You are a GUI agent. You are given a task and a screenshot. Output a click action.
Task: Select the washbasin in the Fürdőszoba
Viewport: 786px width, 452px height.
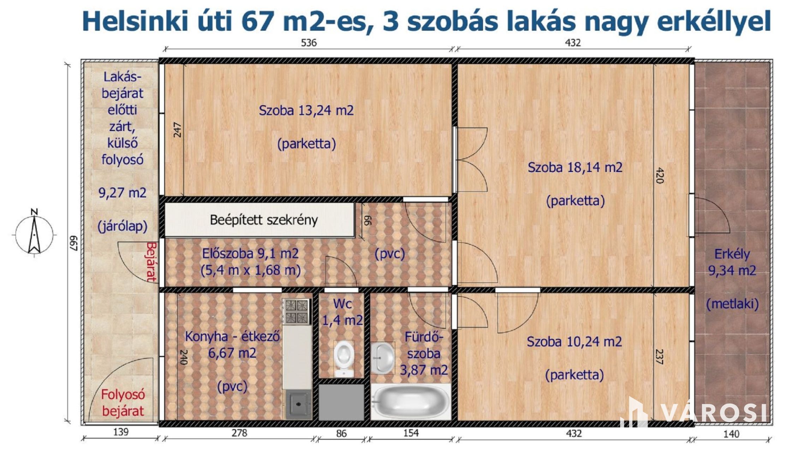pyautogui.click(x=383, y=358)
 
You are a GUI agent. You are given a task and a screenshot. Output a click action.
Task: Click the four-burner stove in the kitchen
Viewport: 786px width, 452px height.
pyautogui.click(x=297, y=311)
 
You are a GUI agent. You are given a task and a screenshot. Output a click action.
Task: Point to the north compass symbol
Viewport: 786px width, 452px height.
pyautogui.click(x=34, y=233)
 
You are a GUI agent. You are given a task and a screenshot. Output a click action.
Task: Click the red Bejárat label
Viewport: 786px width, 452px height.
pyautogui.click(x=151, y=262)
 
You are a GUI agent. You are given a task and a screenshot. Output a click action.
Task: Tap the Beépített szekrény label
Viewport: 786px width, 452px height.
pyautogui.click(x=264, y=220)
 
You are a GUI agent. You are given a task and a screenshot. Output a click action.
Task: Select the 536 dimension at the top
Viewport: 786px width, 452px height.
pyautogui.click(x=309, y=43)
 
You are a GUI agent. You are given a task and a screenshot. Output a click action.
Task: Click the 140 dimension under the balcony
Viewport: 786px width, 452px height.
pyautogui.click(x=731, y=434)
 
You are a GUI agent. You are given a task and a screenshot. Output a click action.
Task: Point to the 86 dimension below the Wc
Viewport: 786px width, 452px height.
pyautogui.click(x=341, y=434)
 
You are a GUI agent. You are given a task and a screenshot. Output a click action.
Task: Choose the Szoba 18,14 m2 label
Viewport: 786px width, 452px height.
pyautogui.click(x=575, y=167)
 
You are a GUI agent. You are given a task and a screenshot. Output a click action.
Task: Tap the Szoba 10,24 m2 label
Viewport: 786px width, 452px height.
pyautogui.click(x=574, y=342)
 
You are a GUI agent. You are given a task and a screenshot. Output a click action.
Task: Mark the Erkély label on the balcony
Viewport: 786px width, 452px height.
pyautogui.click(x=732, y=254)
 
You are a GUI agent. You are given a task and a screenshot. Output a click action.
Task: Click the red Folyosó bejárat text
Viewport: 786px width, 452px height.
pyautogui.click(x=123, y=403)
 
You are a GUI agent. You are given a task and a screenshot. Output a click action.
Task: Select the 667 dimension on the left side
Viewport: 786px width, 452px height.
pyautogui.click(x=73, y=243)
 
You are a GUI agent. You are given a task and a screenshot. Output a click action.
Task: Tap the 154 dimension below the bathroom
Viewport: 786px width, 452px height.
pyautogui.click(x=411, y=433)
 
